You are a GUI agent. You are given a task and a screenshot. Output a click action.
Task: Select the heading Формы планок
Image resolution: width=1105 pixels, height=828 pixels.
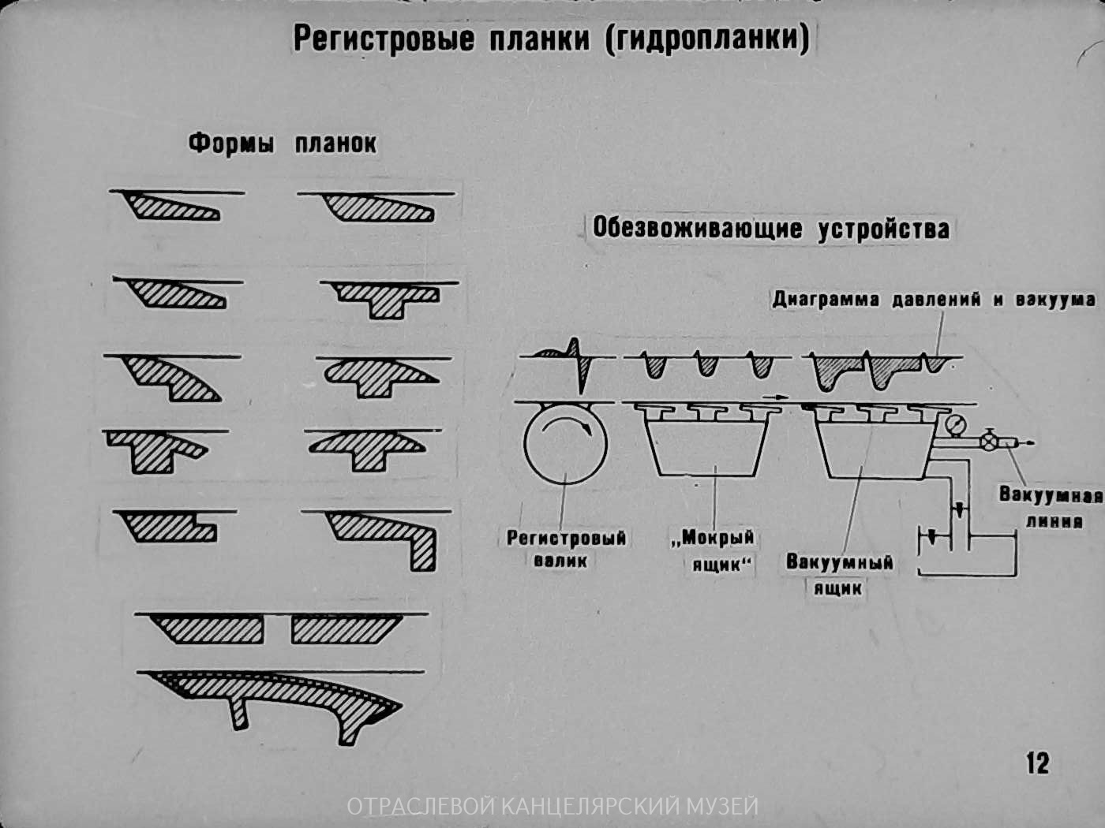pos(282,144)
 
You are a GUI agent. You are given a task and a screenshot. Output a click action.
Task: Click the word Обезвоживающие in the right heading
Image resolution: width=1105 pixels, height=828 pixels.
pos(698,229)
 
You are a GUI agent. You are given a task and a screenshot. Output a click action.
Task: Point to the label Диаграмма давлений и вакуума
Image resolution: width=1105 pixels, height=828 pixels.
pos(934,300)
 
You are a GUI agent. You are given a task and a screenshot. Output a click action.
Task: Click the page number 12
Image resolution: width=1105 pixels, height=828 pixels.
pos(1037,763)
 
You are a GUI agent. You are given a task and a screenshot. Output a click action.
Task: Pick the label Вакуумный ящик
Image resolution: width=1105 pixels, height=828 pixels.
pos(839,574)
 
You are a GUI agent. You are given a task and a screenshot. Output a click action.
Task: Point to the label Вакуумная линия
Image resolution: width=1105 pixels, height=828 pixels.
pos(1051,508)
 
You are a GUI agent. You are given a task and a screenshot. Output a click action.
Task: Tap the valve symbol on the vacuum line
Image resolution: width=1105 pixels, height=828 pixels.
pos(988,442)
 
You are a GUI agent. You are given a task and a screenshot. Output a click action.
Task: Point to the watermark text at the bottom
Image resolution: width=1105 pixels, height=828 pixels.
pos(552,806)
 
